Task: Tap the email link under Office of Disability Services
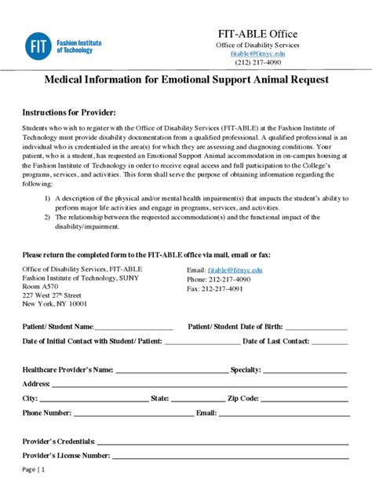click(x=257, y=53)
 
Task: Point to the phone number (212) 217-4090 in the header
click(x=257, y=63)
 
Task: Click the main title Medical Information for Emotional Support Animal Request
click(x=185, y=79)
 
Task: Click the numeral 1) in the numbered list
click(x=47, y=198)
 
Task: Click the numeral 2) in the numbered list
click(x=47, y=217)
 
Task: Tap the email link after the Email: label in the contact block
click(x=235, y=269)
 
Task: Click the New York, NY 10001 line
click(x=55, y=304)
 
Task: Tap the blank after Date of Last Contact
click(x=329, y=343)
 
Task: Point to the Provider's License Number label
click(x=66, y=455)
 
